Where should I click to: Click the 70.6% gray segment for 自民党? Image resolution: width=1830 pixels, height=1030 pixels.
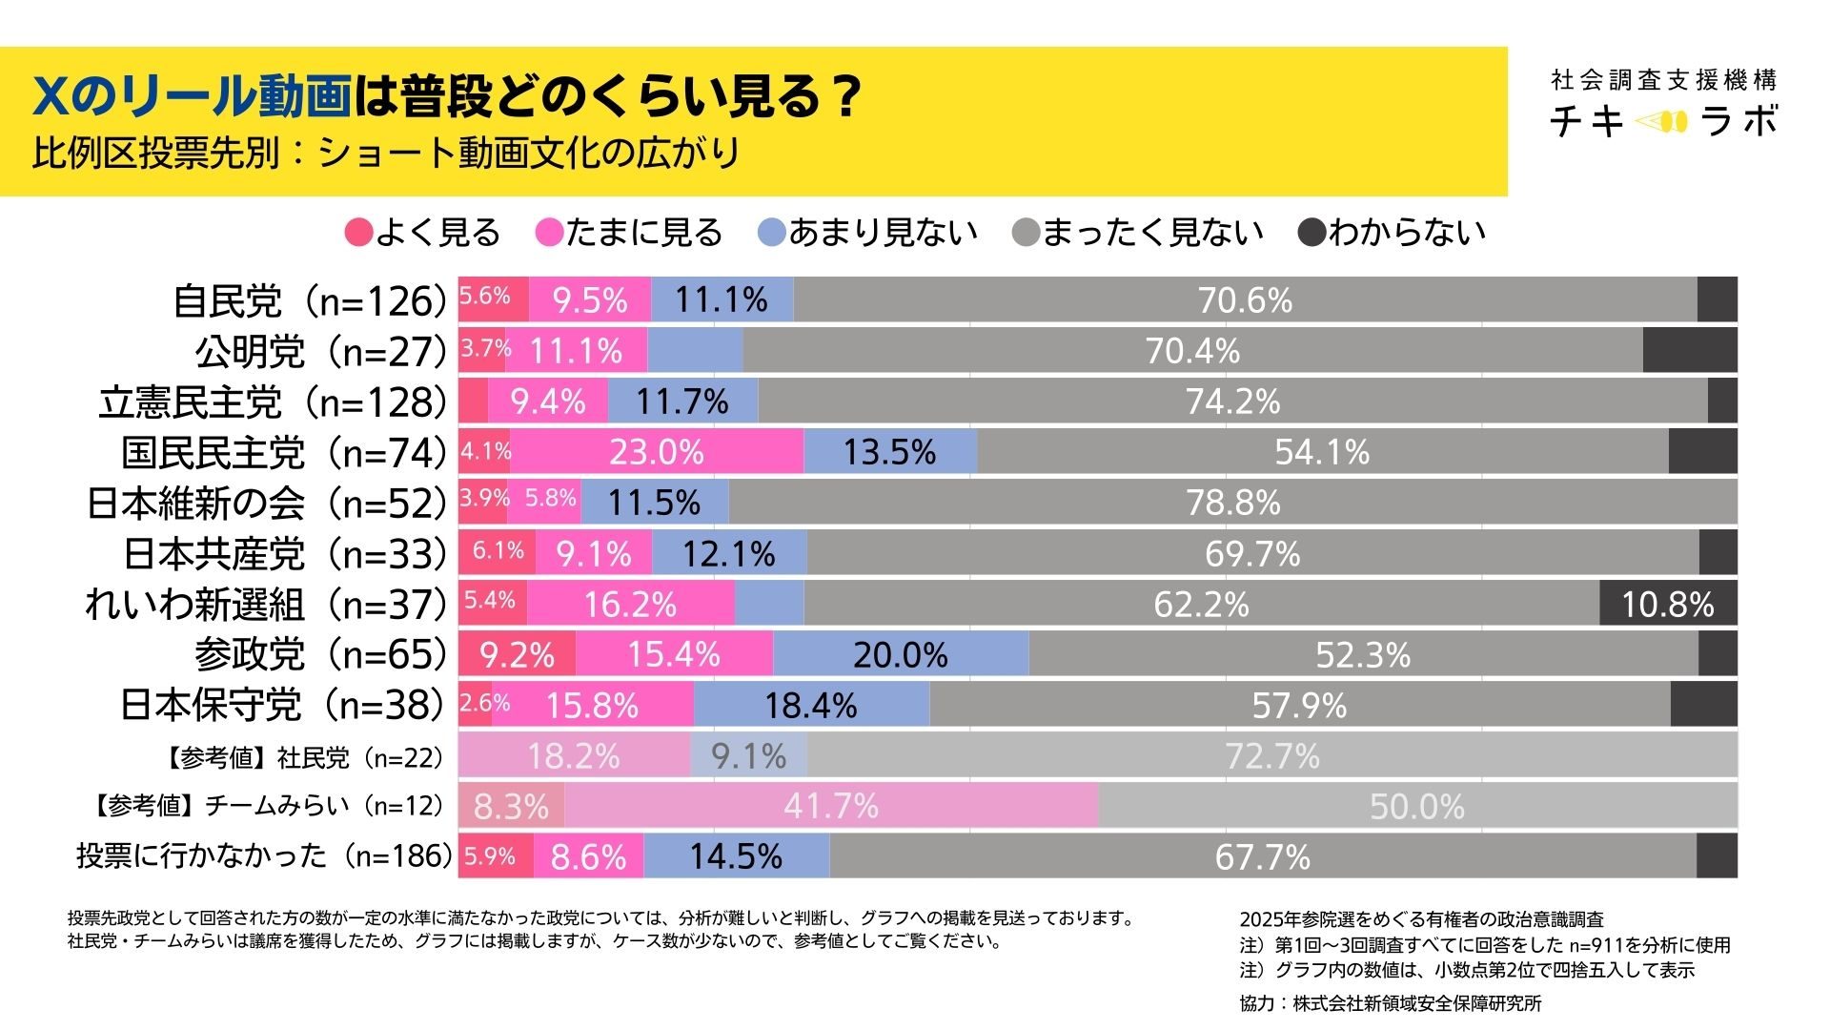(x=1245, y=300)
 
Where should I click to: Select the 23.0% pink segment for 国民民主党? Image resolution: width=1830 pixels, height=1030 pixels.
(x=657, y=452)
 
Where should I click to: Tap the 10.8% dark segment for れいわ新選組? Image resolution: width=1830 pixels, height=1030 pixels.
(x=1668, y=604)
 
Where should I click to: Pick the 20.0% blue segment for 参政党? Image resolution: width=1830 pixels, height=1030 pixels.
(x=901, y=654)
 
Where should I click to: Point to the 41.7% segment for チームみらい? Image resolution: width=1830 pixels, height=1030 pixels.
(x=830, y=806)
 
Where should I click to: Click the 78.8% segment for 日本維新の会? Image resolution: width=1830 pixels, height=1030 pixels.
(x=1232, y=503)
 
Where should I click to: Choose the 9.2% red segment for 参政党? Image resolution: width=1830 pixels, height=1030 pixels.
(x=517, y=654)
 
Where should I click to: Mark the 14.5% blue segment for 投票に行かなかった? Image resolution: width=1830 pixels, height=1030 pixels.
(x=736, y=856)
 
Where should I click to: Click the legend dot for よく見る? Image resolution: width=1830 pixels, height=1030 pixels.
(x=358, y=233)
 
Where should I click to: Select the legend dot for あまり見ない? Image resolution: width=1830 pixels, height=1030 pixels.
(x=771, y=233)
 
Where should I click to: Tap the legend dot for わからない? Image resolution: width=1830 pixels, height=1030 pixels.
(x=1312, y=233)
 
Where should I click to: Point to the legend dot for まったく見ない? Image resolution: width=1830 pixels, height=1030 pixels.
(x=1026, y=233)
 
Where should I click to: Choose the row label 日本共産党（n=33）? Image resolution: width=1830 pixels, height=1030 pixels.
(x=285, y=554)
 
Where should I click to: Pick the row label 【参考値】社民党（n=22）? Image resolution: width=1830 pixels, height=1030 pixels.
(x=304, y=758)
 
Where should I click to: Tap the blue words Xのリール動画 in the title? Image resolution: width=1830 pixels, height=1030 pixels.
(x=191, y=95)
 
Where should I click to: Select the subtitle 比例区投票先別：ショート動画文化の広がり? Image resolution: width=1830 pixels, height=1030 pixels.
(x=386, y=153)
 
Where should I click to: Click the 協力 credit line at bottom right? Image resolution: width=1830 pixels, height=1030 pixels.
(x=1390, y=1003)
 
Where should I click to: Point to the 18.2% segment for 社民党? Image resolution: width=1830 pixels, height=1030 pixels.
(x=574, y=756)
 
